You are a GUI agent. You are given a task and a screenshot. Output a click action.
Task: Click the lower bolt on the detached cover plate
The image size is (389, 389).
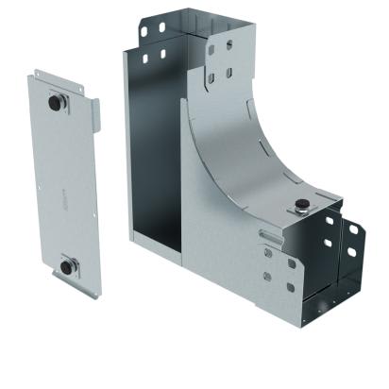[67, 266]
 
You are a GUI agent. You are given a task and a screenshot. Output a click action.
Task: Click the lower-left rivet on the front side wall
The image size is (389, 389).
[268, 277]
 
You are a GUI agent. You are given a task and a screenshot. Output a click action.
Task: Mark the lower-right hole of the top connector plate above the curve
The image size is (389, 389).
[228, 74]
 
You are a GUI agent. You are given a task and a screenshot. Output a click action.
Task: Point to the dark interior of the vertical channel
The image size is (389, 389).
[157, 170]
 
